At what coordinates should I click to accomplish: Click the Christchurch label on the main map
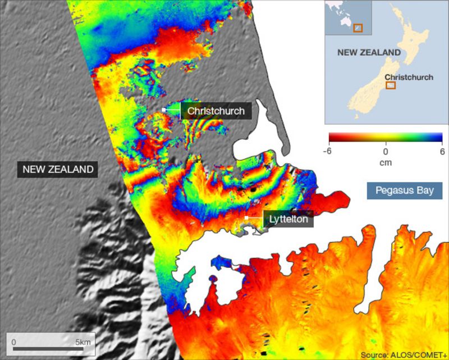[216, 111]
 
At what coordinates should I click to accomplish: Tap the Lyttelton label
[288, 219]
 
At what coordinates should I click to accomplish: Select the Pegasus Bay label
[405, 190]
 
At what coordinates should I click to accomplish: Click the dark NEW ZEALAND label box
[57, 169]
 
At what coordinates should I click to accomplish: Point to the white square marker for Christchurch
[164, 110]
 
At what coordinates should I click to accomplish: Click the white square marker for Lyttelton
[246, 218]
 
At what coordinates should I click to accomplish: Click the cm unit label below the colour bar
[386, 163]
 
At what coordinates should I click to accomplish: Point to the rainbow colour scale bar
[386, 137]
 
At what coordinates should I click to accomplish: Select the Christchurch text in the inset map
[409, 77]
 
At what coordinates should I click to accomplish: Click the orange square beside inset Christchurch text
[391, 85]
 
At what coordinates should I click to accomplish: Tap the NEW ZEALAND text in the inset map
[369, 52]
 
